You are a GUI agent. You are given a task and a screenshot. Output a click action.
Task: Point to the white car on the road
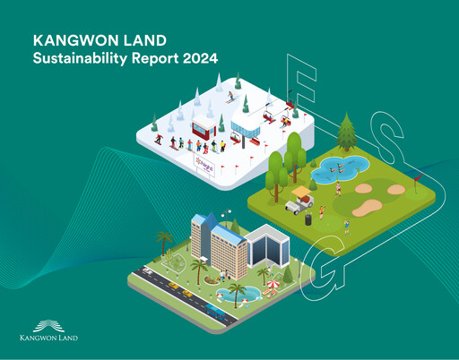170,285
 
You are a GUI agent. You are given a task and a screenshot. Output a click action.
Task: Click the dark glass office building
264,246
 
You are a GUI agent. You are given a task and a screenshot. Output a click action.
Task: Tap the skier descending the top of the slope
231,96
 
